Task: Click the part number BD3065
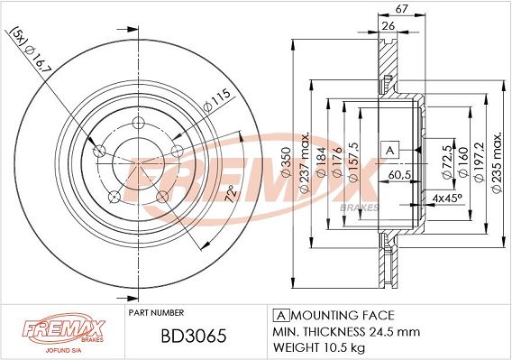click(x=194, y=336)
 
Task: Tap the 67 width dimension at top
click(x=401, y=8)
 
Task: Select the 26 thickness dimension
click(x=388, y=25)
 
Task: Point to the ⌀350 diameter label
click(x=286, y=162)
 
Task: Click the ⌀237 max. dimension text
click(x=304, y=162)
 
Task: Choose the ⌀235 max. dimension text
click(x=497, y=162)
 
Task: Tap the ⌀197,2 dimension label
click(x=479, y=162)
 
